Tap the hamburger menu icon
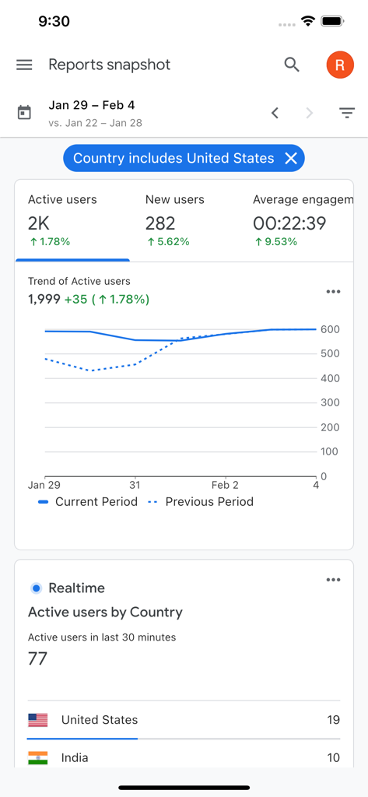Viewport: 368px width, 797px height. tap(24, 65)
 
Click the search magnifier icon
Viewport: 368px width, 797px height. tap(292, 65)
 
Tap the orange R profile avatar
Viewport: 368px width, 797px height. tap(339, 65)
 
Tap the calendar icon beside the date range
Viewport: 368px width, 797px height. tap(24, 114)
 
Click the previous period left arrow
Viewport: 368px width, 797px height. tap(275, 114)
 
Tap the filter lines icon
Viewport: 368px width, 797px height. tap(347, 114)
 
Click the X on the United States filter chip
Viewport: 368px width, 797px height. tap(291, 159)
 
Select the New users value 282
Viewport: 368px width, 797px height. tap(160, 223)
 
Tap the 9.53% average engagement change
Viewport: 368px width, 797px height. tap(275, 242)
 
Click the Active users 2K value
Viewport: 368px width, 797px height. tap(39, 223)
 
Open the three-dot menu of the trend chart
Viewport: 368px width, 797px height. tap(334, 292)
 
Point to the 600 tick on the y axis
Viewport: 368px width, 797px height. tap(330, 329)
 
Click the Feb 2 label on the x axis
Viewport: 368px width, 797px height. tap(225, 485)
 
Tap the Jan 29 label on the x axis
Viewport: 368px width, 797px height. tap(44, 485)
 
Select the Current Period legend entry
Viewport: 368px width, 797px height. tap(88, 502)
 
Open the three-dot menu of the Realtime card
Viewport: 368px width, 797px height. tap(334, 580)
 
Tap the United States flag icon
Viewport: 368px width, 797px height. tap(37, 720)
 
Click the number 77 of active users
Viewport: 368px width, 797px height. tap(38, 658)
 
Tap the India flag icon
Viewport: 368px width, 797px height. tap(37, 757)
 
